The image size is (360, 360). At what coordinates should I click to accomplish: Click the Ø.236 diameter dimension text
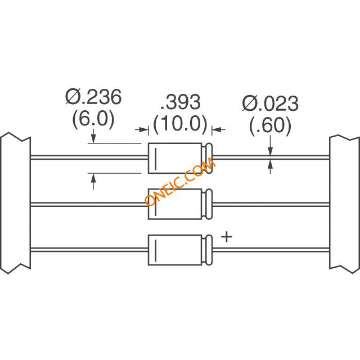pyautogui.click(x=93, y=97)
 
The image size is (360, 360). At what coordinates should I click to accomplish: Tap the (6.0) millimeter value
pyautogui.click(x=93, y=119)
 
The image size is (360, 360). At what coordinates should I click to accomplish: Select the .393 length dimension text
pyautogui.click(x=181, y=102)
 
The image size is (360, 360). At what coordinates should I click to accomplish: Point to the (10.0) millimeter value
pyautogui.click(x=180, y=124)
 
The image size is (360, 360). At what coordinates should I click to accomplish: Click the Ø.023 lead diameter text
pyautogui.click(x=270, y=103)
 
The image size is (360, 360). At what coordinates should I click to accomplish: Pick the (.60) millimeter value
pyautogui.click(x=270, y=125)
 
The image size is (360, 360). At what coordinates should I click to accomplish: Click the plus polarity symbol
pyautogui.click(x=227, y=237)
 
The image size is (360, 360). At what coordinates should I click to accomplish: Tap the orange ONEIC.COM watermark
pyautogui.click(x=180, y=182)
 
